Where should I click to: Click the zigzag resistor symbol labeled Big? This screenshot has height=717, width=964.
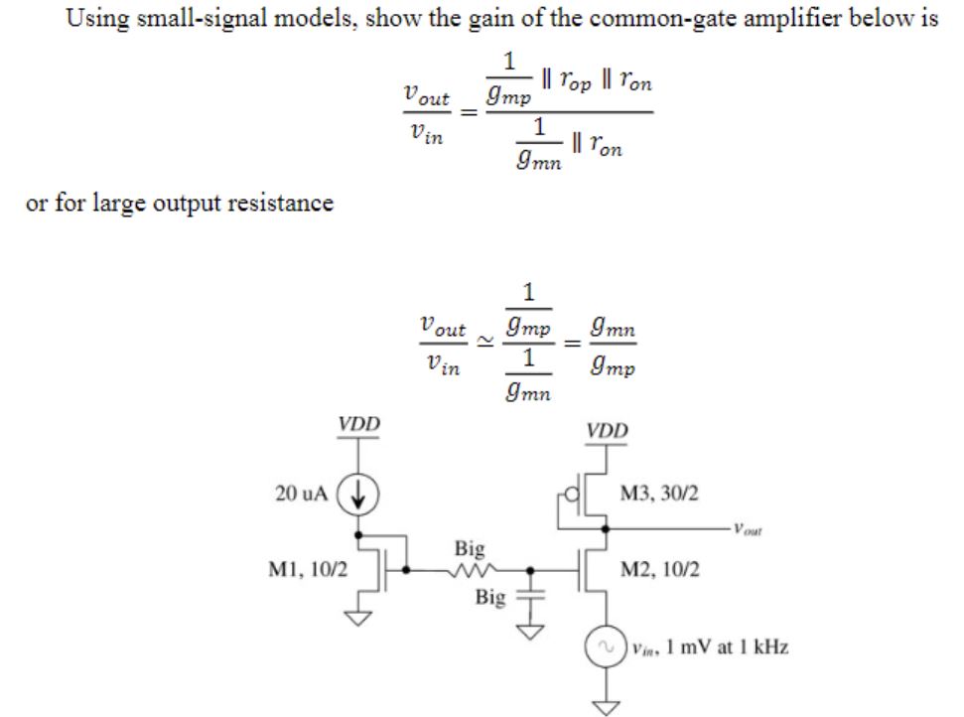click(470, 570)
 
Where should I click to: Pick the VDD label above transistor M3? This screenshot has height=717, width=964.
click(607, 432)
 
